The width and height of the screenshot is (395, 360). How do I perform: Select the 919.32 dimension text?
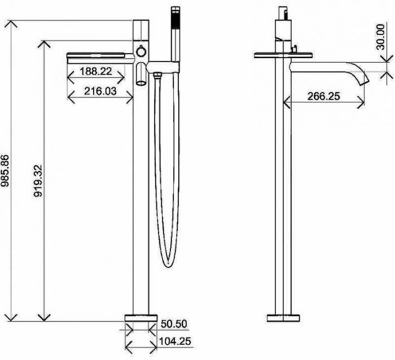point(38,181)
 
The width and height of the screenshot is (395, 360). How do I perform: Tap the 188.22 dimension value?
point(96,71)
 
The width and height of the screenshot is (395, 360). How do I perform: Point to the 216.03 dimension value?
point(100,91)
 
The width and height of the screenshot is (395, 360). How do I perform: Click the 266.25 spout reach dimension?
point(323,96)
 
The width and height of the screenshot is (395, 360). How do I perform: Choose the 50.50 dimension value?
point(174,324)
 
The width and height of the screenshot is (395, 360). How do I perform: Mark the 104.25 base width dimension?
point(175,341)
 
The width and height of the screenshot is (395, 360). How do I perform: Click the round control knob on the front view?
point(141,52)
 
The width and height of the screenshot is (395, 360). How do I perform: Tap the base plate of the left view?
point(141,318)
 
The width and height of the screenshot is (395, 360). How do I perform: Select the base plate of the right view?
point(283,318)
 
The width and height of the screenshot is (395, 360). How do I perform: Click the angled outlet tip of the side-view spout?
point(365,79)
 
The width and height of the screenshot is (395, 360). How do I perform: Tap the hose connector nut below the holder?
point(157,75)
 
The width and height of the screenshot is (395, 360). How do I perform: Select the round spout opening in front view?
point(141,82)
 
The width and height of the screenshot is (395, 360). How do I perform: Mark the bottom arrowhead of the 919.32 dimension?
point(44,317)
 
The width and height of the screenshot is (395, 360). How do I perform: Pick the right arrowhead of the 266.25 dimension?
point(361,102)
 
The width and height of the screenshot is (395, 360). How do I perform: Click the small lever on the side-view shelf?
point(294,49)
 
